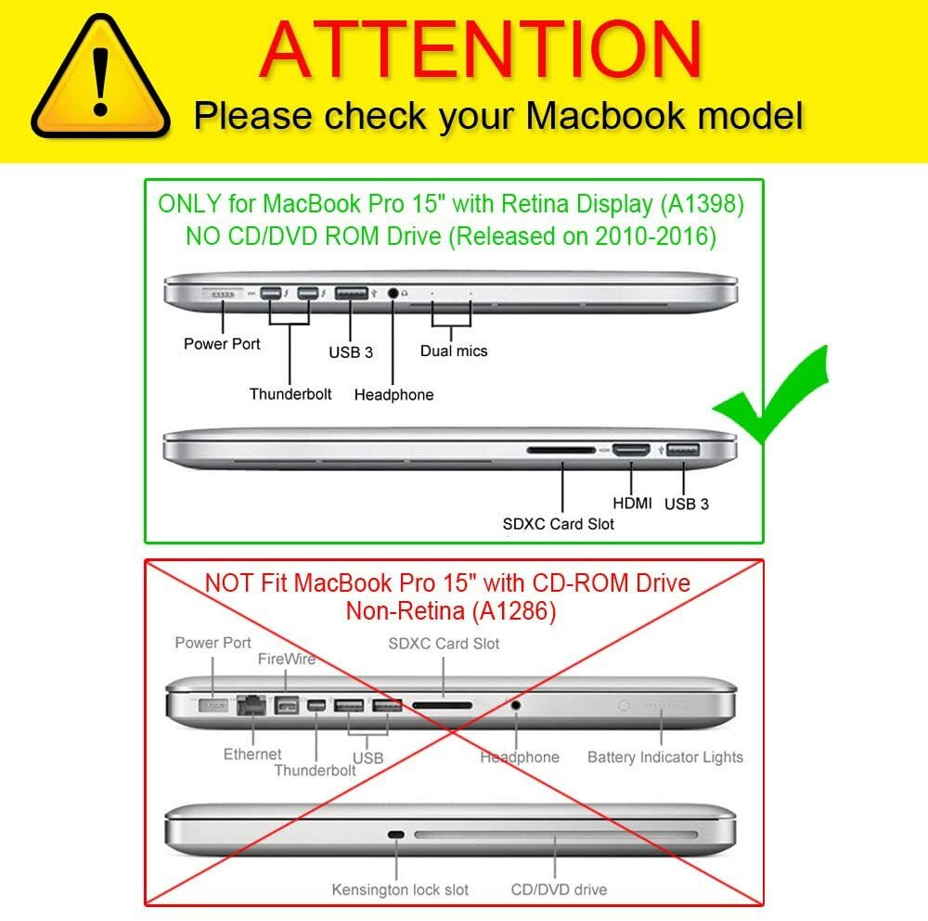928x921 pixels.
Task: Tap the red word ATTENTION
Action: (481, 49)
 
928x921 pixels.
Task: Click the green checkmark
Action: (770, 394)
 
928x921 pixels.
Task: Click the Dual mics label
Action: (454, 351)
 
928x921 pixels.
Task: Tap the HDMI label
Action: (632, 504)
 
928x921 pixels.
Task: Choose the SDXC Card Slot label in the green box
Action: (558, 523)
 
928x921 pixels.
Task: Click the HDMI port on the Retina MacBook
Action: (631, 450)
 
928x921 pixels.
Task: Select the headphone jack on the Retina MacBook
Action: (393, 293)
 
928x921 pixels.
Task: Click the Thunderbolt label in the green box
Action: (290, 394)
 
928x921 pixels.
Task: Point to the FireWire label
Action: (287, 659)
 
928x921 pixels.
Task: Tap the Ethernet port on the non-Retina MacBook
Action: (251, 705)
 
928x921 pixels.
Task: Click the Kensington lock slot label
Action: (399, 889)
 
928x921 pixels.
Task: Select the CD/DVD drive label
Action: (559, 889)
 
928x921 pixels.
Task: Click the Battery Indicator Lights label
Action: (665, 757)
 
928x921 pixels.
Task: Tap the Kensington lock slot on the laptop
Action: (396, 836)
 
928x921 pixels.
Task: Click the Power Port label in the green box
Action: (222, 344)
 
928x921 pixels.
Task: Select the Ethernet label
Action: (252, 754)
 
